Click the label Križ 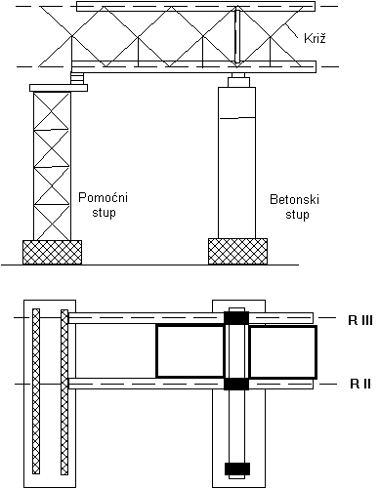pos(315,38)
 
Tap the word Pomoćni pos(104,197)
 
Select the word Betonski pos(295,199)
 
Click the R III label pos(360,320)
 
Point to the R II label pos(360,384)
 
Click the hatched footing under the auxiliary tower pos(52,252)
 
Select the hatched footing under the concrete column pos(237,251)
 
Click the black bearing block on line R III pos(236,318)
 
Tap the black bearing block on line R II pos(236,384)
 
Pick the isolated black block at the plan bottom pos(237,469)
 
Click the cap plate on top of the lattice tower pos(59,88)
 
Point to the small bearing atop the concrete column pos(236,80)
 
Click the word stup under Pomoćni pos(104,213)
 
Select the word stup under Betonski pos(297,215)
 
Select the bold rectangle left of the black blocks pos(190,351)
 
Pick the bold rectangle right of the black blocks pos(282,352)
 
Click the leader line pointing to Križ pos(292,31)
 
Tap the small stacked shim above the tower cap pos(77,78)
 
